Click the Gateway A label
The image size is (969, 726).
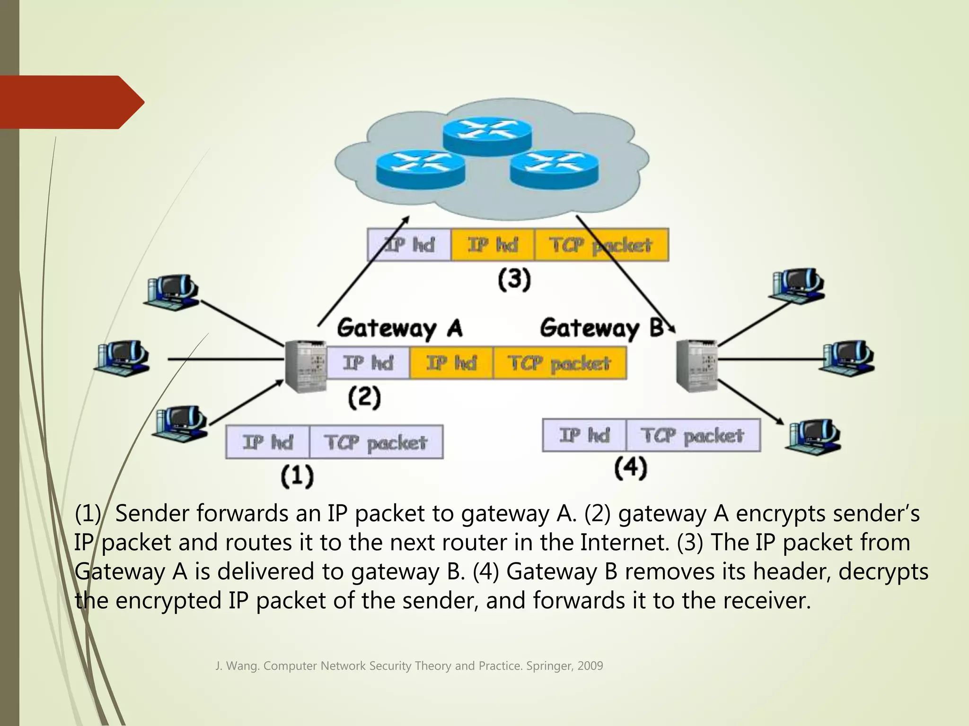[400, 328]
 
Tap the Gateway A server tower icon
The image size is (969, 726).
[306, 366]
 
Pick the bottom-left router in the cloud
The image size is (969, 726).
[420, 170]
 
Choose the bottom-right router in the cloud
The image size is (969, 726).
[554, 170]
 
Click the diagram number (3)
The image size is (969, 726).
[514, 279]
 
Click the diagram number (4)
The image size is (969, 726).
[630, 468]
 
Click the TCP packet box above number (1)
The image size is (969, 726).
[376, 442]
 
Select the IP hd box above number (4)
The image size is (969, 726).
[584, 435]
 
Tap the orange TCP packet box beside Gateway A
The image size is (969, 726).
[559, 363]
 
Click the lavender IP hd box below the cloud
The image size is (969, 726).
[409, 245]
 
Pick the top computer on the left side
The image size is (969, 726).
[172, 292]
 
